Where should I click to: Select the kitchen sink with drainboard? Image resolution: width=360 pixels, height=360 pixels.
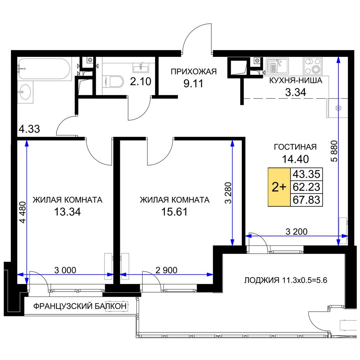coord(277,66)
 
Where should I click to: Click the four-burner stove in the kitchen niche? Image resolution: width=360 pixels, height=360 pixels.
coord(312,66)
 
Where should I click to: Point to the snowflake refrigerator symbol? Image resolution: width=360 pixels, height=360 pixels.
coord(339,108)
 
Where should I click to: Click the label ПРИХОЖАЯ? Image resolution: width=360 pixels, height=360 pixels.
coord(194,72)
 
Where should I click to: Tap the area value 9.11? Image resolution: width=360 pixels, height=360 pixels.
coord(193,84)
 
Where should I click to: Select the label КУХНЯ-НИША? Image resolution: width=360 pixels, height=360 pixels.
coord(296,81)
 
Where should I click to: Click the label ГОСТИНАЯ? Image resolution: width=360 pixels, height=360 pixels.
coord(295,147)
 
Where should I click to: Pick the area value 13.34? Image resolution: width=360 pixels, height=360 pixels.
coord(67,212)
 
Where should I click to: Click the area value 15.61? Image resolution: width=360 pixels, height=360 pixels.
coord(175,212)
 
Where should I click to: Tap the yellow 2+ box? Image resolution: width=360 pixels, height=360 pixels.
coord(279,187)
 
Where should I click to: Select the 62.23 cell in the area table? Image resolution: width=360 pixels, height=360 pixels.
coord(306,187)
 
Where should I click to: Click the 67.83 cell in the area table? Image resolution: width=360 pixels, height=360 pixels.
coord(306,200)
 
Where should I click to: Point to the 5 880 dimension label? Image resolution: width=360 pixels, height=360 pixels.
coord(334,151)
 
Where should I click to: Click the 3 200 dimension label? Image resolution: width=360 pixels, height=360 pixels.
coord(296,231)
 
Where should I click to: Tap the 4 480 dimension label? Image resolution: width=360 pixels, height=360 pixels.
coord(22,212)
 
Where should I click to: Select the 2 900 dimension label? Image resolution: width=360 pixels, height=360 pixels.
coord(166,270)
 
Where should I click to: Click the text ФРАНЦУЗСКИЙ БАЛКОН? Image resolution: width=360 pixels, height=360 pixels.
coord(80,306)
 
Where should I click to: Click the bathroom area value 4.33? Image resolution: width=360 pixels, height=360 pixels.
coord(30,129)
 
